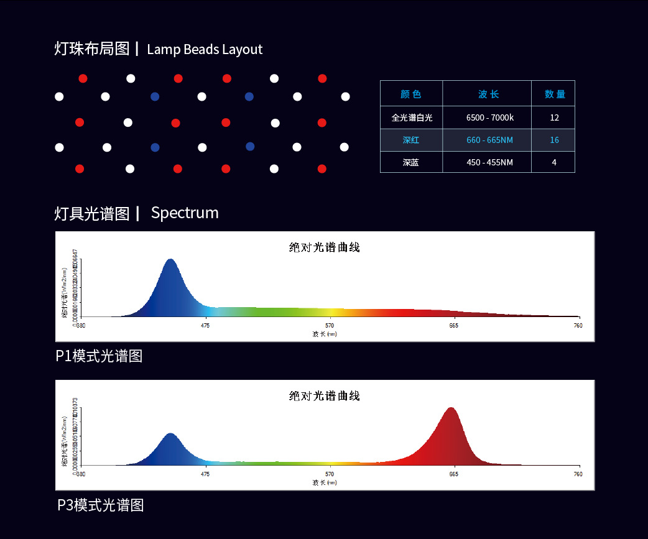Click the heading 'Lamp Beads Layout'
pos(205,50)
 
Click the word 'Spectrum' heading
pos(185,213)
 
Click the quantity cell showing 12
pos(554,117)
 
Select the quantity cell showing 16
pos(554,140)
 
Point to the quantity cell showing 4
pos(554,162)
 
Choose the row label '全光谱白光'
pos(412,117)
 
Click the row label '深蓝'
pos(411,162)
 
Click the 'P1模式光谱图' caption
pos(100,356)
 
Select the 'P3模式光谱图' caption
pos(101,505)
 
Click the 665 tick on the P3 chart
pos(454,474)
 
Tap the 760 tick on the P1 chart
pos(578,325)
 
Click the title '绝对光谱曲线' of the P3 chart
pos(325,396)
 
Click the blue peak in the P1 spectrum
pos(170,262)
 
